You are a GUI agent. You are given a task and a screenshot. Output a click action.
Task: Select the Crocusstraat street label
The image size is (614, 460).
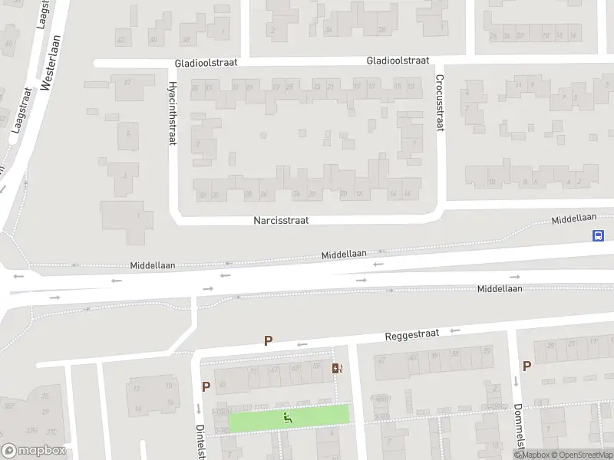[441, 103]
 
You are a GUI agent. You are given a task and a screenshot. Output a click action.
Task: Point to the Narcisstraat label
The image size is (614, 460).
[281, 220]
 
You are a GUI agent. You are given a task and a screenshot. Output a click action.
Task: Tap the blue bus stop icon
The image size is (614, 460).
[598, 235]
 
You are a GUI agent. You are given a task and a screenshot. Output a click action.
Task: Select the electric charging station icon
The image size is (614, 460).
[337, 368]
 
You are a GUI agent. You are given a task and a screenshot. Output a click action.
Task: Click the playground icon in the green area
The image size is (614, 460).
[289, 417]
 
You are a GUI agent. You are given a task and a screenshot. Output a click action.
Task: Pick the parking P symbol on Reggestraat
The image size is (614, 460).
[268, 341]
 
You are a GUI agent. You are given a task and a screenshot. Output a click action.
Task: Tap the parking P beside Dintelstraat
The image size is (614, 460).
[206, 387]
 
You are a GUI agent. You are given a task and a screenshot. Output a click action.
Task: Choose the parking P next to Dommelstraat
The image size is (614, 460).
[527, 366]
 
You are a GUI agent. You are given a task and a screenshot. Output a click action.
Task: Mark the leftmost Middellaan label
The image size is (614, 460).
[153, 265]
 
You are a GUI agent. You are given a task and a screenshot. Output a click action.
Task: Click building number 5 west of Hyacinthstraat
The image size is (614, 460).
[126, 135]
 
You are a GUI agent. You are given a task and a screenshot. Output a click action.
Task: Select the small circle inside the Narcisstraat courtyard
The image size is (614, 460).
[263, 136]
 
